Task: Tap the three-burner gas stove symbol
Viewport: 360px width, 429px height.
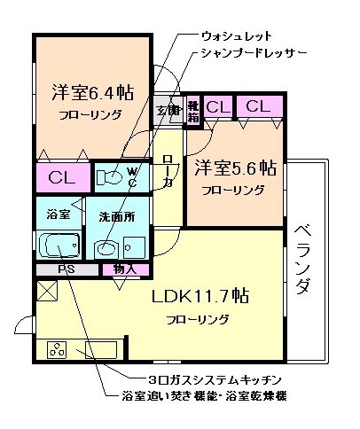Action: click(59, 350)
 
